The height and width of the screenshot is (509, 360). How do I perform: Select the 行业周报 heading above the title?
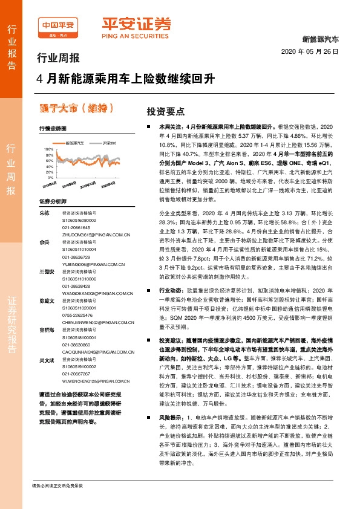58,59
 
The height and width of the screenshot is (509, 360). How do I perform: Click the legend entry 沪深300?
108,143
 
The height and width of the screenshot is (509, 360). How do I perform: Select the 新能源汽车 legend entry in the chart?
77,143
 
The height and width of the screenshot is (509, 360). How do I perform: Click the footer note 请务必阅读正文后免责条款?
57,486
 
